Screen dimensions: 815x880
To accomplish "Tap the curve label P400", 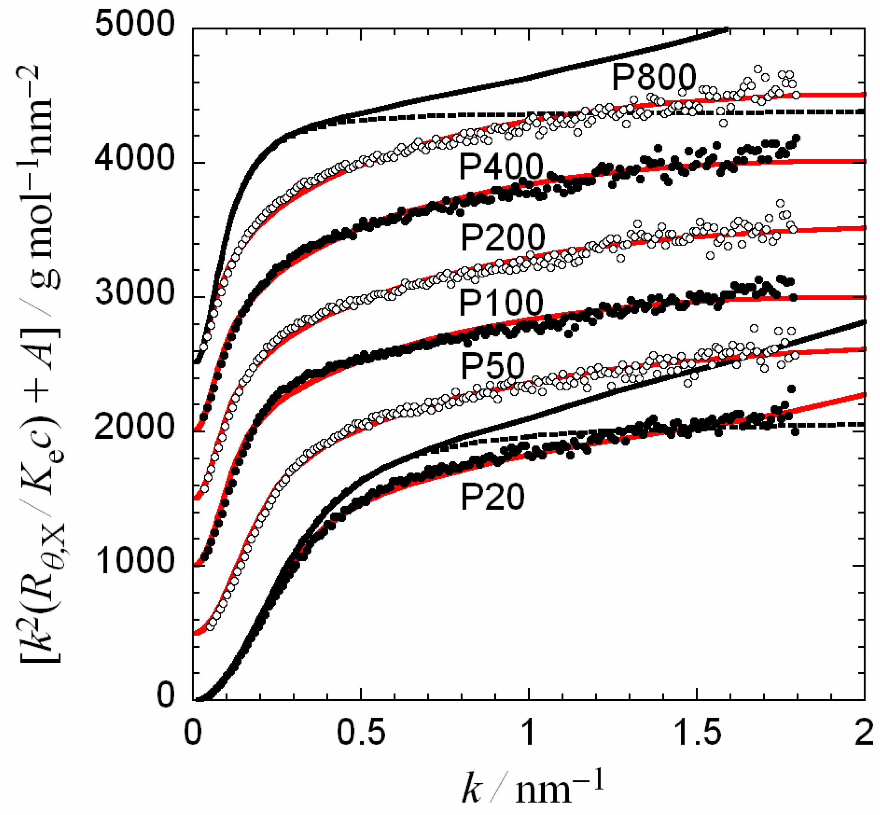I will pyautogui.click(x=501, y=167).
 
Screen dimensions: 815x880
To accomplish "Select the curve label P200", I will pyautogui.click(x=503, y=237).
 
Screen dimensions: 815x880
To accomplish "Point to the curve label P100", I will pyautogui.click(x=501, y=303).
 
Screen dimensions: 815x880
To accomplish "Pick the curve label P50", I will pyautogui.click(x=492, y=366).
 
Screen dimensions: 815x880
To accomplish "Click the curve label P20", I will pyautogui.click(x=492, y=497).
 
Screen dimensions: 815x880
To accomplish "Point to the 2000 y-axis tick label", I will pyautogui.click(x=135, y=427).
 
